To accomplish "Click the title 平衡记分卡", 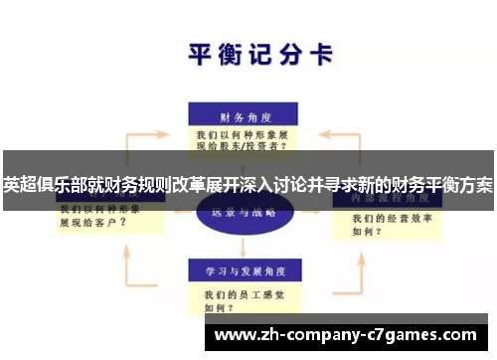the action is point(260,55).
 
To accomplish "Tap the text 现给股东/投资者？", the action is point(243,145).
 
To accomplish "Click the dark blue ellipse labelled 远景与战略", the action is point(243,213).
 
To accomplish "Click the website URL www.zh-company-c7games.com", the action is point(344,333).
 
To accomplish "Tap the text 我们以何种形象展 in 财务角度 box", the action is point(242,132).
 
